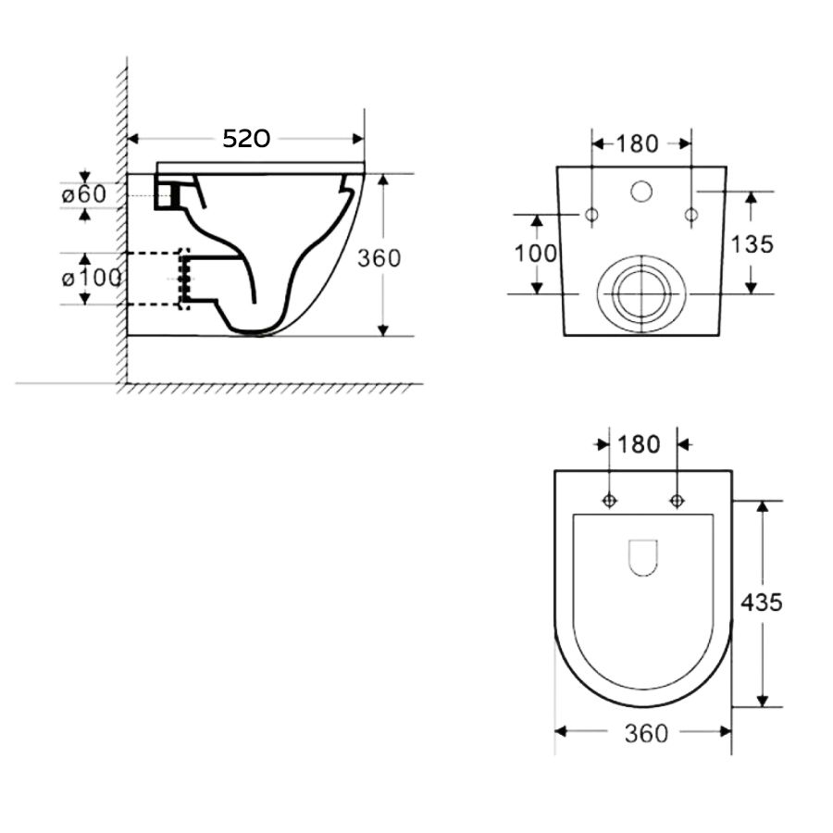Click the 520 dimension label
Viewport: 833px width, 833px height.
point(246,139)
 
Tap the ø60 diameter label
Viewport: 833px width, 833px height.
point(84,194)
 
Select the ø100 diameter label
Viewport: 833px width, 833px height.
point(92,278)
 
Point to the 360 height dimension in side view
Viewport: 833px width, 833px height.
point(379,258)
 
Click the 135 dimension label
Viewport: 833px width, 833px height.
point(752,244)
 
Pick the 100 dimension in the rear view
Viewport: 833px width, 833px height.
point(536,254)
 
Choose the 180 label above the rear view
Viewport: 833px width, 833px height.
point(637,144)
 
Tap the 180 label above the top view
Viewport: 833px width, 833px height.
point(639,444)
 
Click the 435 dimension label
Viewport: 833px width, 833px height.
point(762,603)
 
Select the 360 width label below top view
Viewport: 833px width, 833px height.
point(646,734)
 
